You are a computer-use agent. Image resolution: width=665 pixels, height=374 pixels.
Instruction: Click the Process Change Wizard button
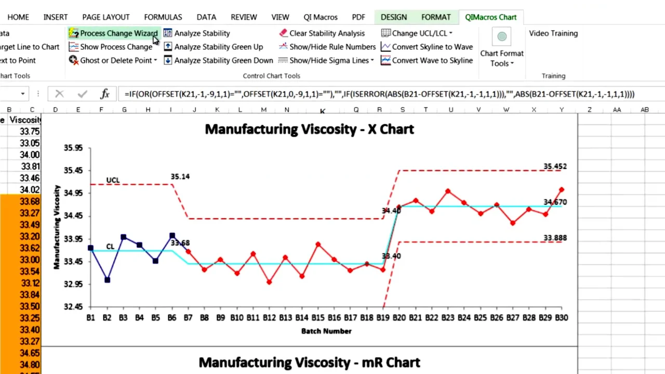[x=113, y=33]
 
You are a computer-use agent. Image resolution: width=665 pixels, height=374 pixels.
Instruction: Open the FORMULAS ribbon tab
[x=163, y=17]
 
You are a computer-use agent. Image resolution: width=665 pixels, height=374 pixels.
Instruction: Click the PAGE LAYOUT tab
[x=105, y=17]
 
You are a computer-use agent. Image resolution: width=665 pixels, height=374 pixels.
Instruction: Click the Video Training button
[x=553, y=33]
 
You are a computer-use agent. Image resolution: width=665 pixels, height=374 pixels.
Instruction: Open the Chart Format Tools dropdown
[x=501, y=58]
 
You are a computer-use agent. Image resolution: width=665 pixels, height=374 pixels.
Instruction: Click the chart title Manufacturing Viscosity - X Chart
[x=309, y=129]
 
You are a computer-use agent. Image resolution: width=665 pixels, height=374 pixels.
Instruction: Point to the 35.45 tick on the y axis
[x=73, y=170]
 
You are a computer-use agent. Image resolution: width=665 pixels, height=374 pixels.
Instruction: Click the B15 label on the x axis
[x=317, y=317]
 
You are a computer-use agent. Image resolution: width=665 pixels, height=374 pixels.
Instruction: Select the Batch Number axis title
[x=326, y=331]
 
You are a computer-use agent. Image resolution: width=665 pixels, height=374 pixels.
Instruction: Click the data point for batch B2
[x=107, y=280]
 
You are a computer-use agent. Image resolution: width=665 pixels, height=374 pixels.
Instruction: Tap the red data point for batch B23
[x=448, y=192]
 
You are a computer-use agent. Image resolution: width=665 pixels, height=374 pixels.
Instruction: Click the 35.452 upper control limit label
[x=555, y=167]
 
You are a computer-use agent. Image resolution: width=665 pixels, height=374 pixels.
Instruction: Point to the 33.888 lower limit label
[x=555, y=238]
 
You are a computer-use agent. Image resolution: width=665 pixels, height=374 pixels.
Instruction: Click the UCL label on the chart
[x=113, y=180]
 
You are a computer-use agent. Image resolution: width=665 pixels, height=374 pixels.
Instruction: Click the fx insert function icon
[x=105, y=94]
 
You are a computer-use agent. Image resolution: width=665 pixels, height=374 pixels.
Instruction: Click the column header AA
[x=617, y=110]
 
